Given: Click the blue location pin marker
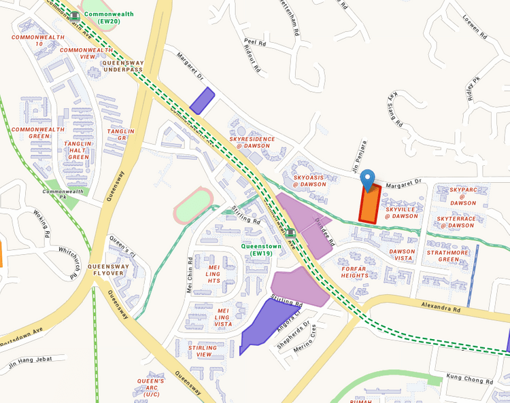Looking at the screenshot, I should [368, 179].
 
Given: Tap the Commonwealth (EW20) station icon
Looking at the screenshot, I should [75, 14].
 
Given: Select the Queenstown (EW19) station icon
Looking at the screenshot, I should [290, 233].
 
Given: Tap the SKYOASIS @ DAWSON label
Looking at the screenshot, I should [309, 180].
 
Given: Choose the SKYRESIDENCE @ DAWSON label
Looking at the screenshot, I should [252, 142].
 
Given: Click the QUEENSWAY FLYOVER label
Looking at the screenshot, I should [108, 270].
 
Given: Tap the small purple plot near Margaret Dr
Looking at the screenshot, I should [202, 101].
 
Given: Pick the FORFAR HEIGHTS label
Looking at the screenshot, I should [354, 271].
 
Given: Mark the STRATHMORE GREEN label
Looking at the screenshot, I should [448, 255].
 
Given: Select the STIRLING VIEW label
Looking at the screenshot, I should [203, 351].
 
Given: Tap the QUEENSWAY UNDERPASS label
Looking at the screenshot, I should [123, 66].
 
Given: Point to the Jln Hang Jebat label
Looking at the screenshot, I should [31, 364].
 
